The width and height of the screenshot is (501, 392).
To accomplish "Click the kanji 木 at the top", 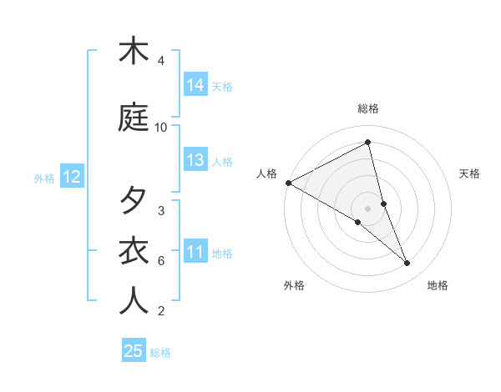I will pyautogui.click(x=134, y=51).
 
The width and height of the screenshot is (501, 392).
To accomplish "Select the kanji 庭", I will pyautogui.click(x=134, y=118).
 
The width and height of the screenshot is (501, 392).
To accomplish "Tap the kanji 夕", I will pyautogui.click(x=134, y=201).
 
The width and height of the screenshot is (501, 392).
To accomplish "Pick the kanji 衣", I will pyautogui.click(x=134, y=251).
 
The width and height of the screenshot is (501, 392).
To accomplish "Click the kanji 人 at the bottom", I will pyautogui.click(x=134, y=301).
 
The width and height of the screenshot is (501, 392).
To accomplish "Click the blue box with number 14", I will pyautogui.click(x=195, y=85).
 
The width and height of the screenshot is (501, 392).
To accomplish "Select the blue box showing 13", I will pyautogui.click(x=195, y=160).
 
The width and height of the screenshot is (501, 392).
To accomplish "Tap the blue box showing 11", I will pyautogui.click(x=195, y=252).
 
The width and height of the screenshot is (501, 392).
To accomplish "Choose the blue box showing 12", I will pyautogui.click(x=72, y=177).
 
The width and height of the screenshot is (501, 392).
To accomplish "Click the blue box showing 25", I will pyautogui.click(x=134, y=351).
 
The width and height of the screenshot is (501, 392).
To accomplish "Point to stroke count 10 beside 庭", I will pyautogui.click(x=161, y=128).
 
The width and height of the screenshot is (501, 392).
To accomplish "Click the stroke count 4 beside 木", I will pyautogui.click(x=161, y=61).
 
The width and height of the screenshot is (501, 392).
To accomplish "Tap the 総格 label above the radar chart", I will pyautogui.click(x=368, y=108).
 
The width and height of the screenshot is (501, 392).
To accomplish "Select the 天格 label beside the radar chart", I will pyautogui.click(x=470, y=173).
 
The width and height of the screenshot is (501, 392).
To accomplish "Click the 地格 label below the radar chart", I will pyautogui.click(x=438, y=285).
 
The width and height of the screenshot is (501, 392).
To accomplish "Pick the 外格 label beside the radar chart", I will pyautogui.click(x=294, y=285).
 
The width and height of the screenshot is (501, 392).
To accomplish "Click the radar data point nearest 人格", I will pyautogui.click(x=288, y=183).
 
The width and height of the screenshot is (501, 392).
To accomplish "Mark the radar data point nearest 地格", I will pyautogui.click(x=407, y=263).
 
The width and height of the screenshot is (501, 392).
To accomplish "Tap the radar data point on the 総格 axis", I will pyautogui.click(x=368, y=143).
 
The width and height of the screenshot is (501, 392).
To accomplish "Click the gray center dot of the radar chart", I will pyautogui.click(x=368, y=209).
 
